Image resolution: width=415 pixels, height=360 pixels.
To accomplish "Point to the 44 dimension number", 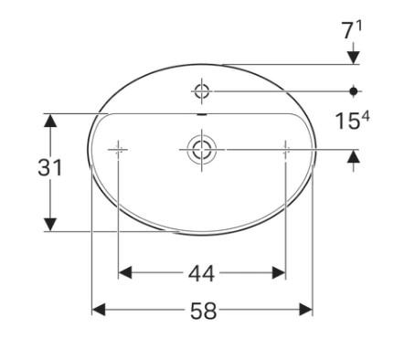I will (203, 272).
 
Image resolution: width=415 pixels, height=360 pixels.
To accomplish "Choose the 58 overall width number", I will (203, 311).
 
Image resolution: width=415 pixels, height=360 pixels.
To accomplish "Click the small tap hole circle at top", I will (202, 90).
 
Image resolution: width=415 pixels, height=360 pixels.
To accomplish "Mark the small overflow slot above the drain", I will (202, 115).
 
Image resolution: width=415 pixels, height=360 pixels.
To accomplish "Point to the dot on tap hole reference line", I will (354, 90).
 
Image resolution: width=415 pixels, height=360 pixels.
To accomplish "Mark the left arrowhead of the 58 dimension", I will (99, 311).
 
